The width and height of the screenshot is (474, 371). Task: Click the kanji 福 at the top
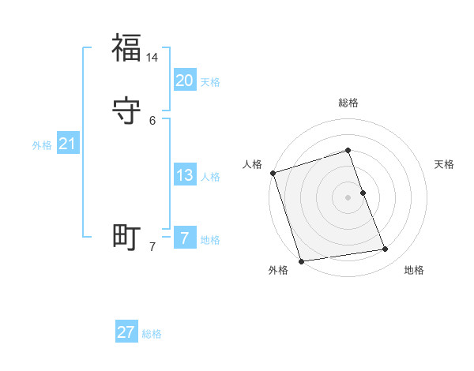click(126, 48)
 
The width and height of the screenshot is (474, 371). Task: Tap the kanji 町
click(126, 237)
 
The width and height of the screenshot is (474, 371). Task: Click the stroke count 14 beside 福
click(152, 58)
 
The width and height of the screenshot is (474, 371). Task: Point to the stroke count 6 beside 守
click(152, 121)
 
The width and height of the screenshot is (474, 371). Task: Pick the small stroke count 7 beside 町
click(152, 247)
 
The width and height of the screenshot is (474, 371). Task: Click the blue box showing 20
click(184, 81)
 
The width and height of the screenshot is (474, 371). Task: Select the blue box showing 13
click(184, 175)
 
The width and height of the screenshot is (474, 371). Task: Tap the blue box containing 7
click(184, 238)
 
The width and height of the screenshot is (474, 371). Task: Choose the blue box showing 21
click(67, 144)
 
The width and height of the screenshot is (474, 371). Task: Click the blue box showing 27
click(126, 332)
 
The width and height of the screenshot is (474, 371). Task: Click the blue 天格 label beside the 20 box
click(210, 81)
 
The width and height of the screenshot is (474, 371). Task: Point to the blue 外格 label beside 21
click(42, 144)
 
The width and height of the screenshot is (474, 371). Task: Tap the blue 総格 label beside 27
click(152, 333)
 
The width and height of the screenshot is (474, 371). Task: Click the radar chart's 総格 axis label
click(348, 103)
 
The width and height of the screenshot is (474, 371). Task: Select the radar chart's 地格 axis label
click(414, 270)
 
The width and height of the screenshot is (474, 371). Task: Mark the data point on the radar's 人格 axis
click(273, 173)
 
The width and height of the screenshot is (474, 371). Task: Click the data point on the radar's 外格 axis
click(301, 260)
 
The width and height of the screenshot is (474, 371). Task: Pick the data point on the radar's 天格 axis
click(363, 193)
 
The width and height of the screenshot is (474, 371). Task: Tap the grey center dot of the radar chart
click(348, 197)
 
